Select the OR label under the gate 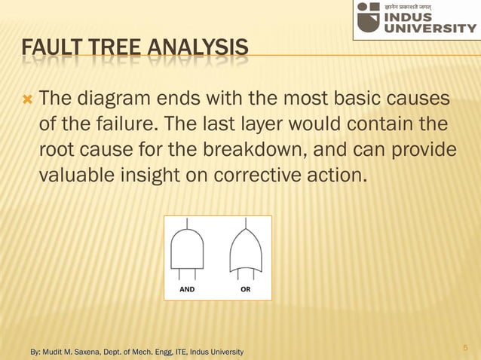[x=247, y=288]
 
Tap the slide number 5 [x=465, y=347]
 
